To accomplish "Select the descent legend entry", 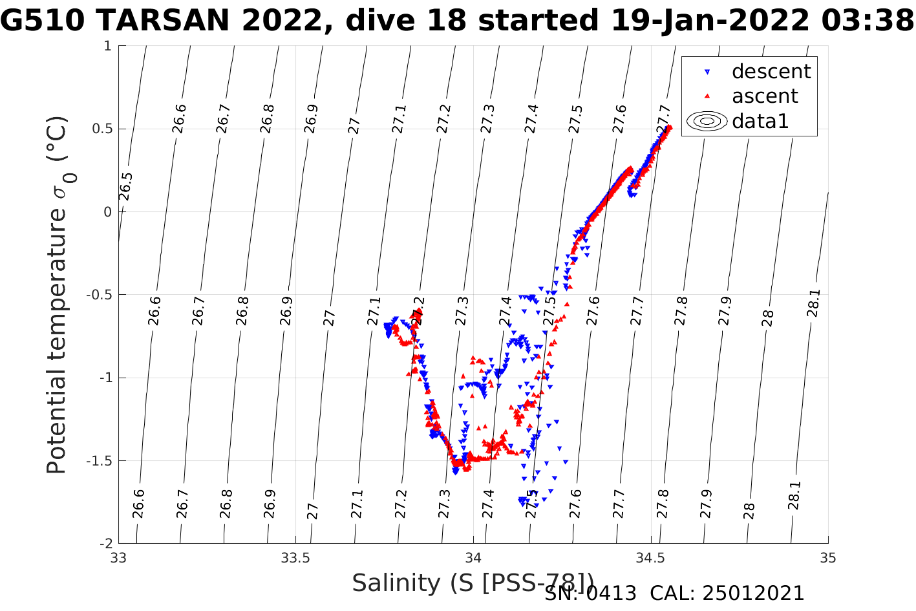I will pyautogui.click(x=771, y=71).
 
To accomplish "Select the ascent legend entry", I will pyautogui.click(x=765, y=96).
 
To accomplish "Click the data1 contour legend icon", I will pyautogui.click(x=707, y=121).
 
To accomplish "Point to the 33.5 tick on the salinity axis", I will pyautogui.click(x=295, y=558).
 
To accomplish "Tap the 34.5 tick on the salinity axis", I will pyautogui.click(x=650, y=558).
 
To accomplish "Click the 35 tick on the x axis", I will pyautogui.click(x=827, y=558).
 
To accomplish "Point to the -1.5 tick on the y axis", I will pyautogui.click(x=99, y=460).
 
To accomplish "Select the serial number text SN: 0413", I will pyautogui.click(x=590, y=594).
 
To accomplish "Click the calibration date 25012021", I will pyautogui.click(x=754, y=594).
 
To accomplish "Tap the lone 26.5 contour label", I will pyautogui.click(x=126, y=187).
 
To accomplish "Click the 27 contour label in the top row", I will pyautogui.click(x=354, y=125).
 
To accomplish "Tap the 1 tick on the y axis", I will pyautogui.click(x=107, y=46).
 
